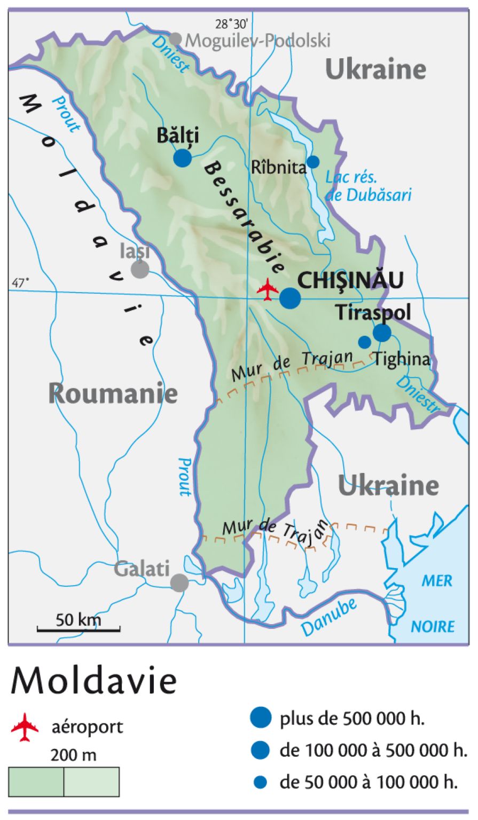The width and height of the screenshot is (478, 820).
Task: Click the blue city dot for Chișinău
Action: (291, 298)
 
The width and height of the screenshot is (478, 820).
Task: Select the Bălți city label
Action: (177, 136)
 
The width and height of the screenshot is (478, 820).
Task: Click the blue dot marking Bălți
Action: (183, 158)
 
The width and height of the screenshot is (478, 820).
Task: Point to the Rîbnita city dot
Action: (314, 162)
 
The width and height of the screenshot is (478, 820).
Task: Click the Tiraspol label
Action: (373, 313)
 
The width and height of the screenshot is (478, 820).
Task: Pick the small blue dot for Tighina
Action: (364, 342)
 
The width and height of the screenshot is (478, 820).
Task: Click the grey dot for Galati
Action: (179, 582)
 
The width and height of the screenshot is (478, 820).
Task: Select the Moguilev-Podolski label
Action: (257, 40)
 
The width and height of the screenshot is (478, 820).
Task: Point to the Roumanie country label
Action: (113, 394)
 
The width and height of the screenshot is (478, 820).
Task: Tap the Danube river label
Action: (329, 617)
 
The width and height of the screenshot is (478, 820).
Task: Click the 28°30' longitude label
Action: (231, 23)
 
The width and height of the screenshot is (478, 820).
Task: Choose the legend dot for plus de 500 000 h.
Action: (261, 717)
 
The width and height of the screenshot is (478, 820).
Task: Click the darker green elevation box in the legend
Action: (36, 782)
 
